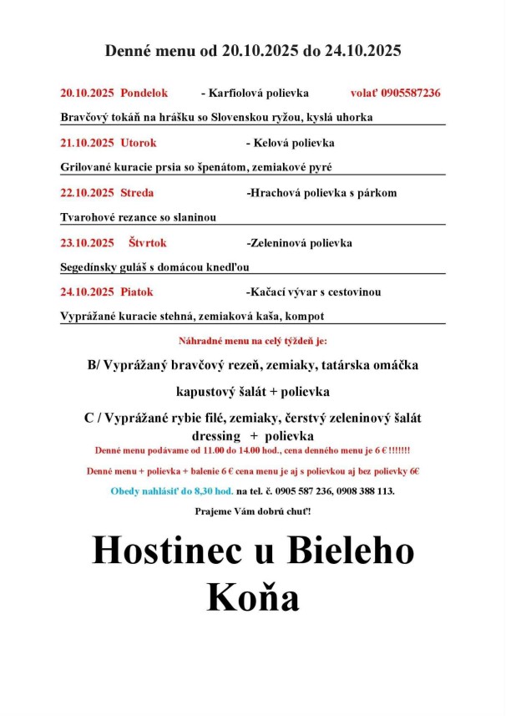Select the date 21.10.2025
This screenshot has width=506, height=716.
pyautogui.click(x=87, y=143)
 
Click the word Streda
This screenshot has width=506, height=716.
pyautogui.click(x=137, y=193)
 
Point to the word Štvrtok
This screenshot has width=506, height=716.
pyautogui.click(x=148, y=243)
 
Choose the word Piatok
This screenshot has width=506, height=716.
pyautogui.click(x=137, y=292)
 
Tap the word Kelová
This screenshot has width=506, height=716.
pyautogui.click(x=269, y=143)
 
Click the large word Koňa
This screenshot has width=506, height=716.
pyautogui.click(x=252, y=598)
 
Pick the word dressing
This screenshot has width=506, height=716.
pyautogui.click(x=217, y=436)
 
